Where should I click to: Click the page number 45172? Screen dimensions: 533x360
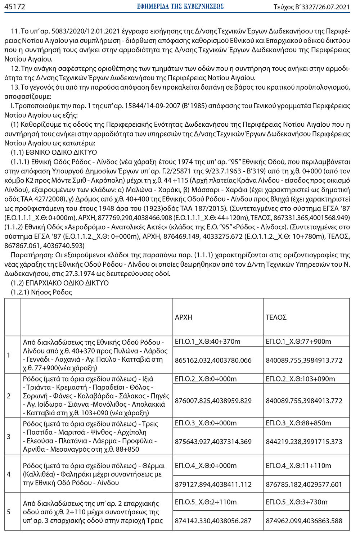tap(15, 6)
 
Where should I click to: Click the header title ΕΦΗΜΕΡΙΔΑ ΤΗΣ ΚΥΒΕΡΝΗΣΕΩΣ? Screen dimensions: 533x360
tap(180, 6)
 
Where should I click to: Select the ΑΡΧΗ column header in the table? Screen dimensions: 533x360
tap(184, 317)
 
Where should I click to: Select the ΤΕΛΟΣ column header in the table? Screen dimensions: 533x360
tap(276, 317)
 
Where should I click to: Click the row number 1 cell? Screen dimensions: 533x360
tap(9, 355)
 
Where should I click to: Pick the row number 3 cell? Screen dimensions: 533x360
tap(9, 437)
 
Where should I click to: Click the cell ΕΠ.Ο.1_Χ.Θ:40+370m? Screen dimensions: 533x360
tap(208, 342)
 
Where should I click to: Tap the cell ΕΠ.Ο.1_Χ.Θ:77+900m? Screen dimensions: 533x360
tap(298, 342)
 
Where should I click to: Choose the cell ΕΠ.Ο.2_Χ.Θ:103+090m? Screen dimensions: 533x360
tap(300, 379)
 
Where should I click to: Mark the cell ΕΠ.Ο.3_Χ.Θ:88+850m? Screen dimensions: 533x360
tap(298, 423)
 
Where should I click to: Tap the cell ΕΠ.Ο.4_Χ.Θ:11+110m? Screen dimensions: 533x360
tap(298, 465)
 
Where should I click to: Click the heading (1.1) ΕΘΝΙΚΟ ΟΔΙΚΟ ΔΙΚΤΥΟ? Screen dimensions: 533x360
tap(54, 152)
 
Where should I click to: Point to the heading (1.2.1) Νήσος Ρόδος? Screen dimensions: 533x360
tap(41, 292)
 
